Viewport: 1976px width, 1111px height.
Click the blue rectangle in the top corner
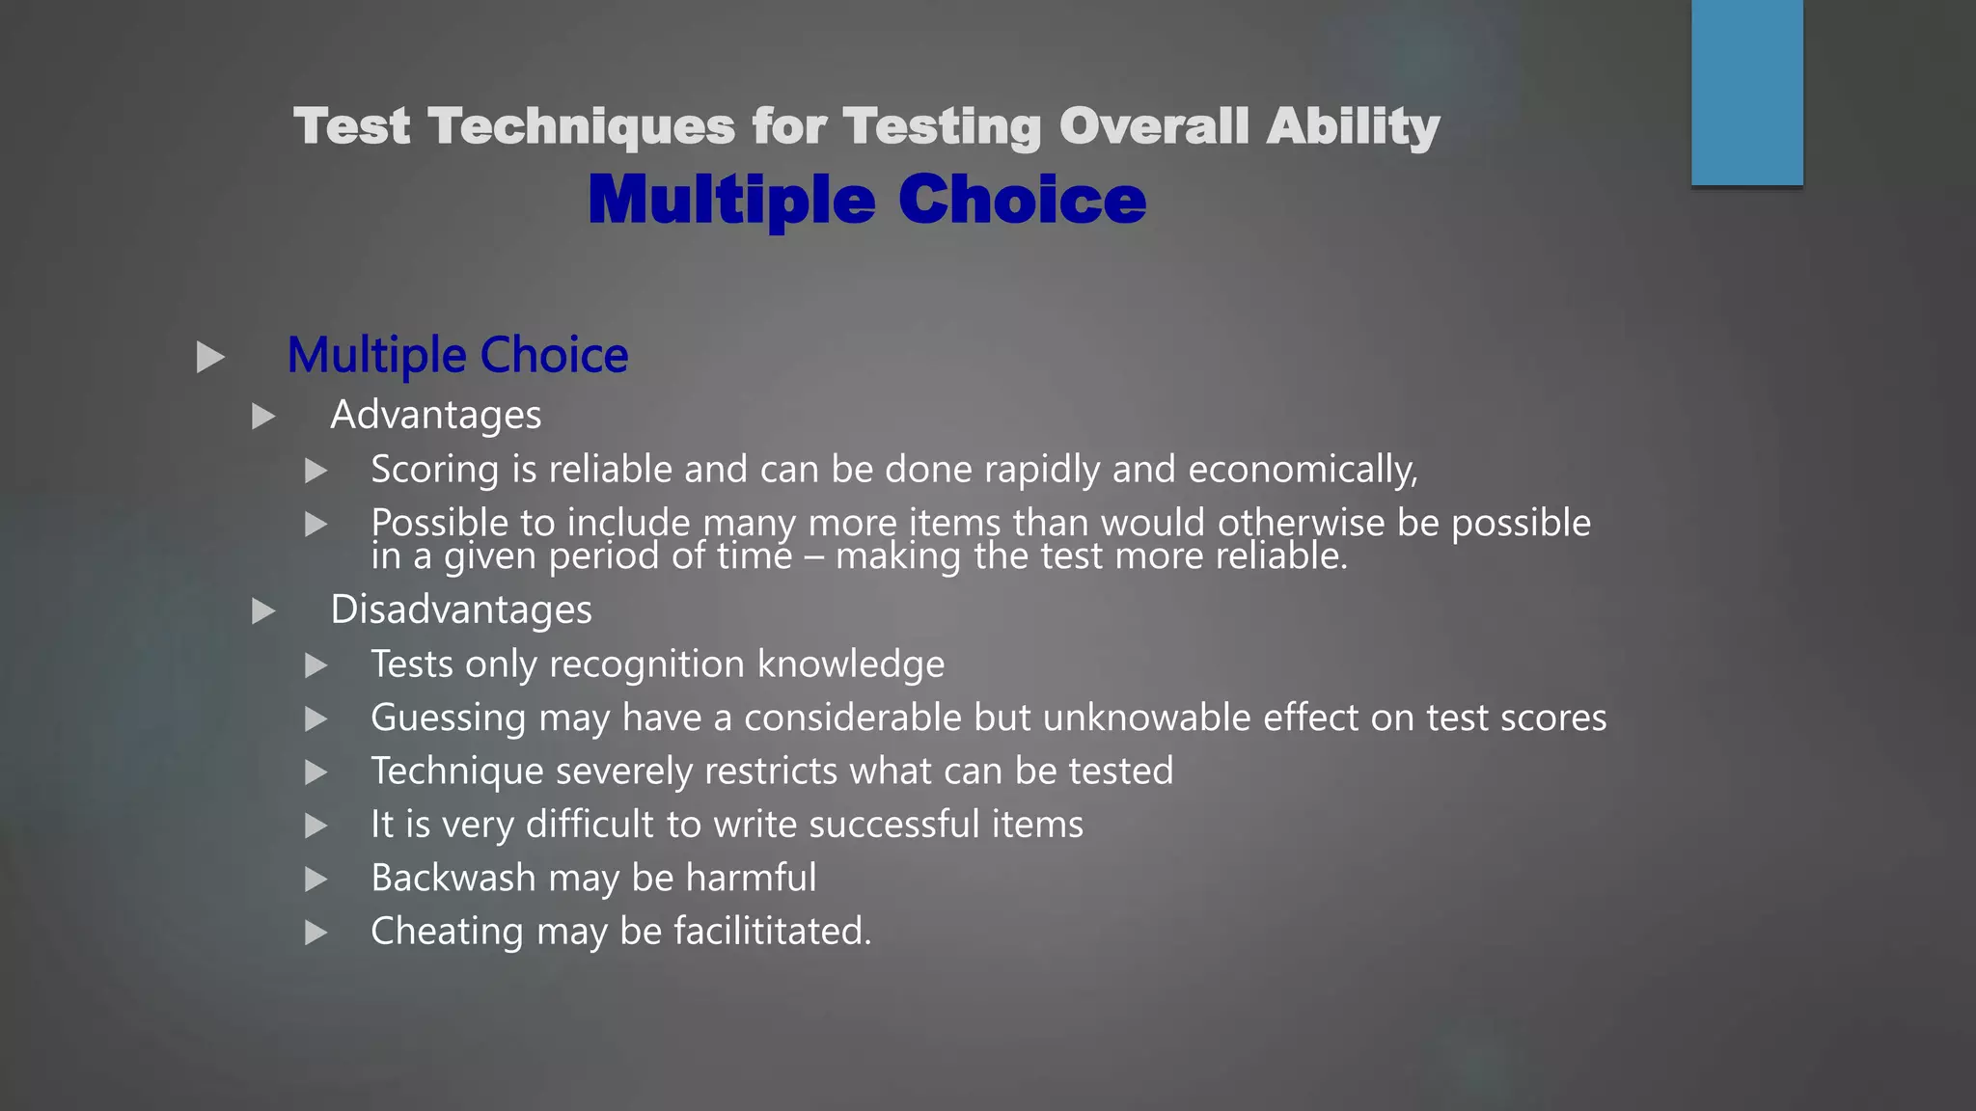pos(1746,93)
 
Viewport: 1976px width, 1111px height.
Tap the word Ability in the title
pos(1353,126)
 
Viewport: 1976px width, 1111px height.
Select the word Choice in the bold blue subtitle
pos(1022,200)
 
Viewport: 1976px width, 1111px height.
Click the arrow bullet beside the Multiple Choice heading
pos(210,357)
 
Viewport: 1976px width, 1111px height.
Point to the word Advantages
pos(435,415)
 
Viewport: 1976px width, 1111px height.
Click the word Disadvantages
pos(461,610)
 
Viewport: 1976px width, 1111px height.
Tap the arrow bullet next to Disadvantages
pos(263,610)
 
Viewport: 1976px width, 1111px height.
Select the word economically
pos(1303,470)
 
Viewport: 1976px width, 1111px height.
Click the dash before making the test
pos(813,557)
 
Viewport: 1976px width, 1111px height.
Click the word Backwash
pos(453,878)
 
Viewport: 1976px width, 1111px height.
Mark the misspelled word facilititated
pos(772,932)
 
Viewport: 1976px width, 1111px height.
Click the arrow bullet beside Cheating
pos(316,933)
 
